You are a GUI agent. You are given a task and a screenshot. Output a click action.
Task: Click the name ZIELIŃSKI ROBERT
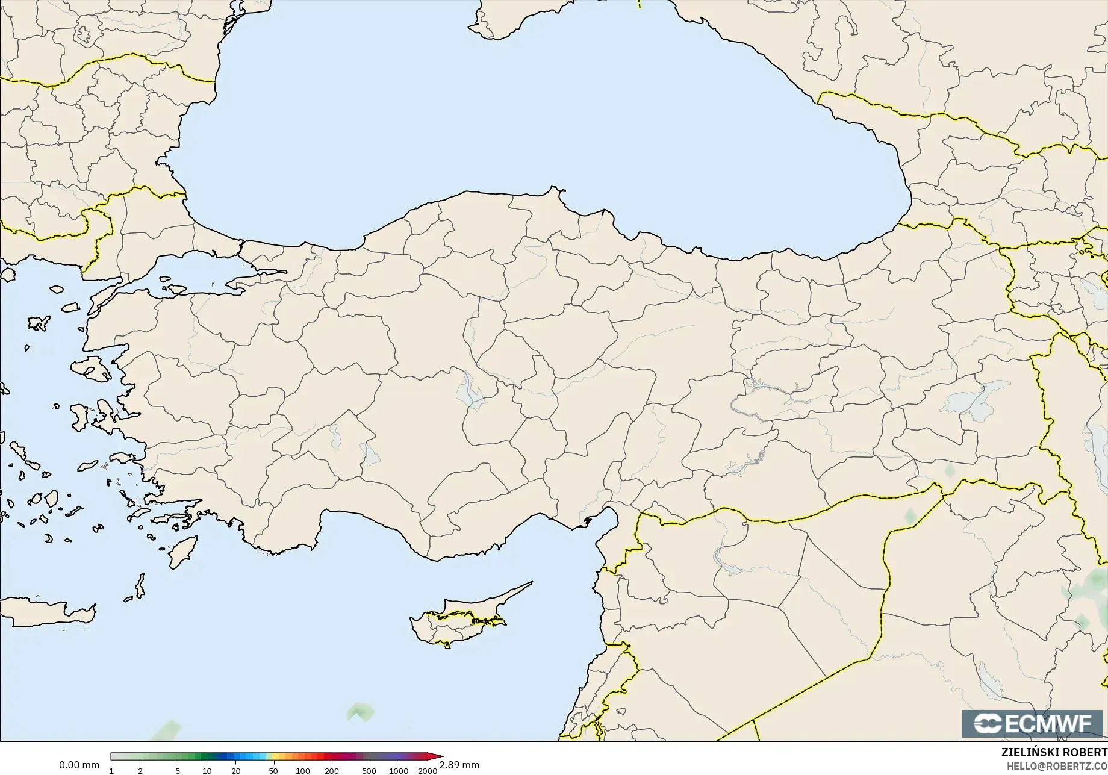1054,752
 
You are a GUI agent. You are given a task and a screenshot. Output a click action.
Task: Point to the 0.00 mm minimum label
79,765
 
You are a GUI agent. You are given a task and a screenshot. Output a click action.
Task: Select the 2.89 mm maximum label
459,765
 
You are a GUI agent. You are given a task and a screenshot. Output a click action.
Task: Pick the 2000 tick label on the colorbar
428,771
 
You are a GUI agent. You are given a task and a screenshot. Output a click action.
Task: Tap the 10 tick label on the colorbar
207,771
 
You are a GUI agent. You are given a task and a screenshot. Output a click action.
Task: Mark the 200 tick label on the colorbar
332,771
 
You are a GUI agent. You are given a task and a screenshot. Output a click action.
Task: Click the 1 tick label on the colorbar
111,771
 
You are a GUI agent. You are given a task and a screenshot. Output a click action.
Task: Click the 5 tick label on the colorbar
178,771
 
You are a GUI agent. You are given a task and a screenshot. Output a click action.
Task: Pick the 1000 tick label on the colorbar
399,771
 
